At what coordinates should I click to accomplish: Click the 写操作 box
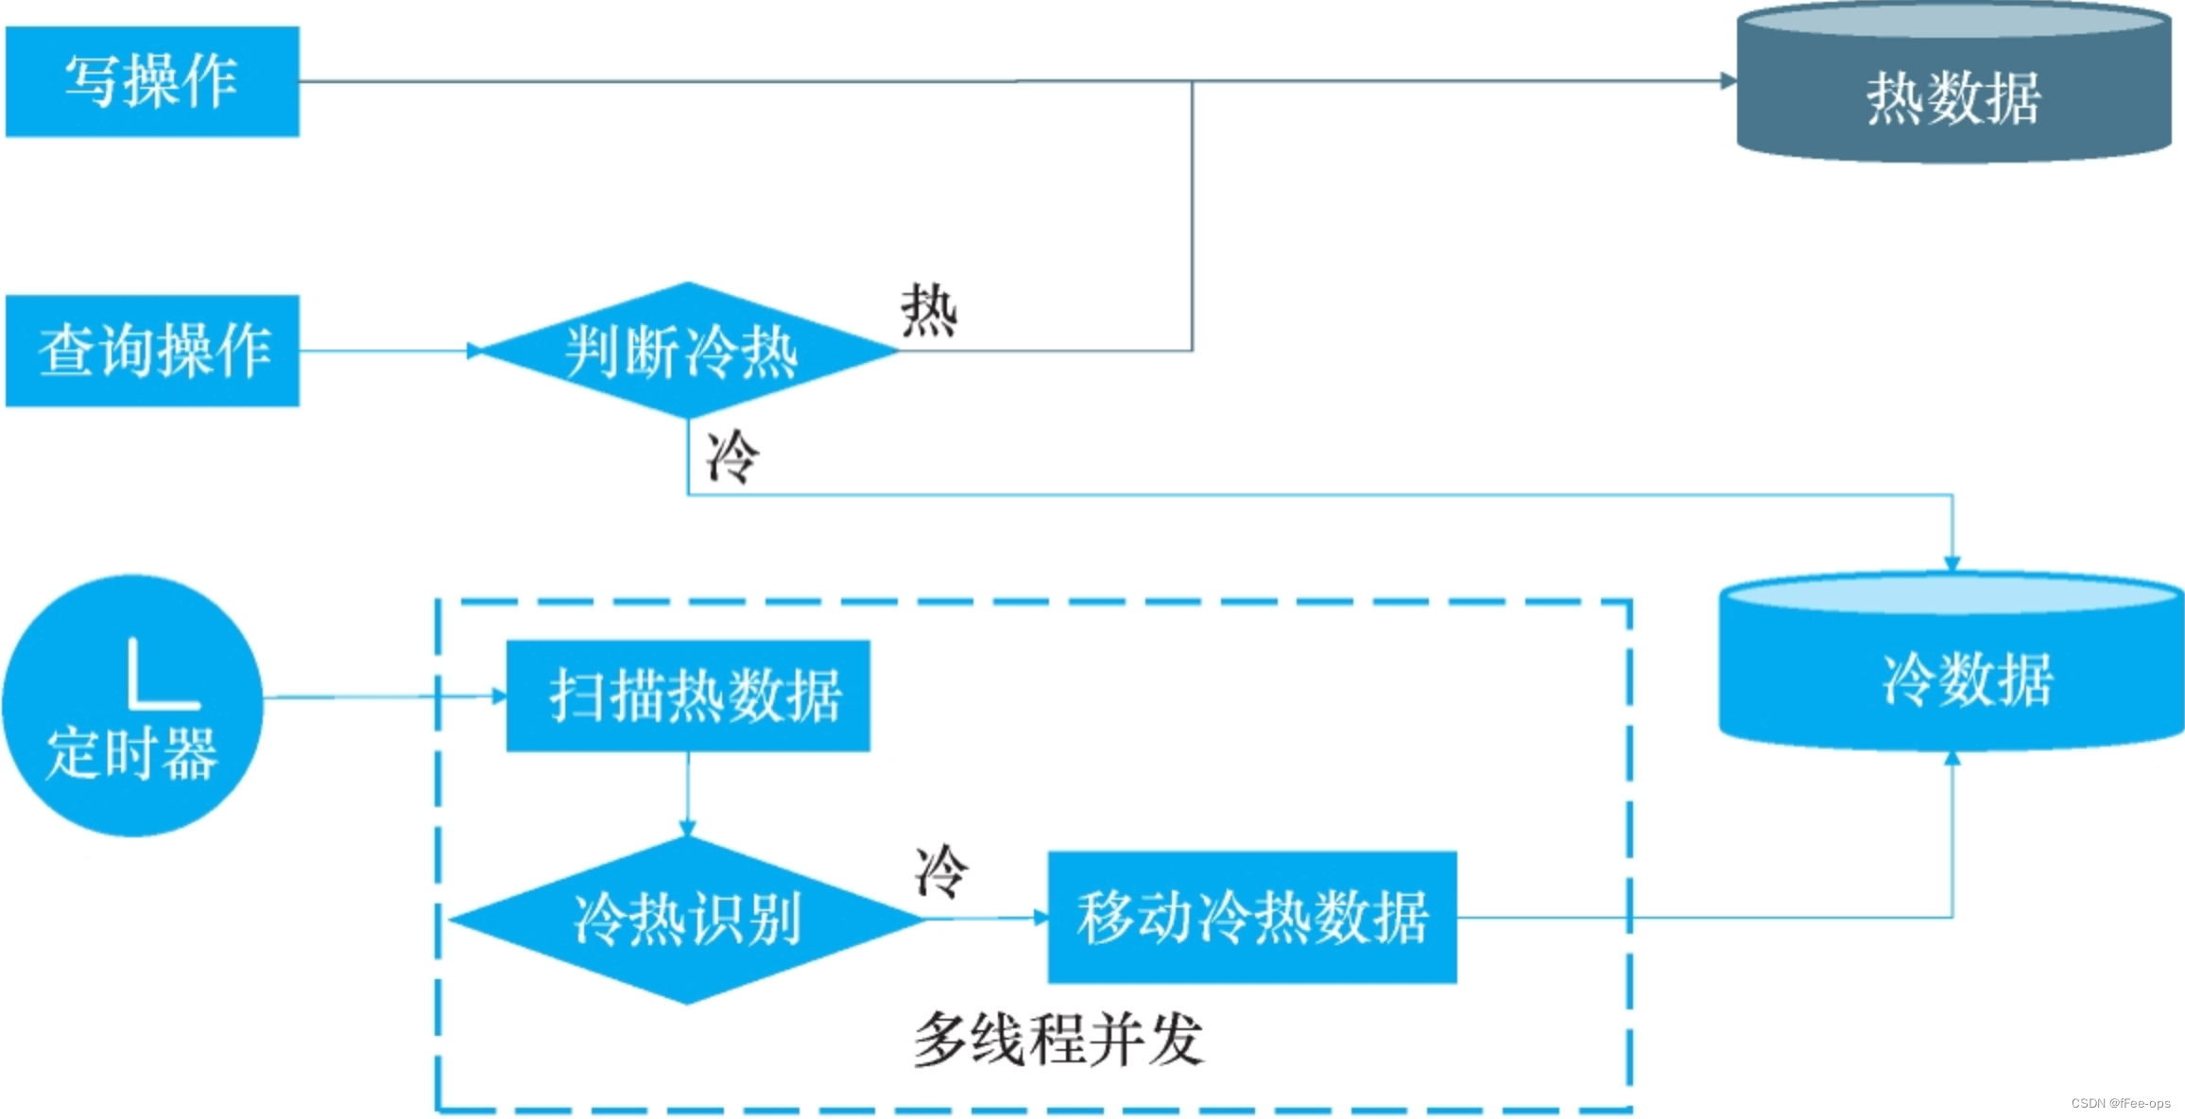pyautogui.click(x=152, y=81)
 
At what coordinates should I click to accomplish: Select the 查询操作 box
pyautogui.click(x=152, y=351)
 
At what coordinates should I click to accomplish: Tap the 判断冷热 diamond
pyautogui.click(x=687, y=351)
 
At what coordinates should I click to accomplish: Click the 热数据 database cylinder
pyautogui.click(x=1953, y=95)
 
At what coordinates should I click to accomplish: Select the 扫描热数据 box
pyautogui.click(x=688, y=696)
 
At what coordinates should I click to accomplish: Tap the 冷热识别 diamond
pyautogui.click(x=687, y=919)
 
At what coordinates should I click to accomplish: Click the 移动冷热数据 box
pyautogui.click(x=1252, y=917)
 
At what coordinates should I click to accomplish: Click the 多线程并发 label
pyautogui.click(x=1058, y=1040)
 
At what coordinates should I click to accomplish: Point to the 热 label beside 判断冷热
pyautogui.click(x=929, y=310)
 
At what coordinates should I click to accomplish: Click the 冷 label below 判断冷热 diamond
pyautogui.click(x=732, y=456)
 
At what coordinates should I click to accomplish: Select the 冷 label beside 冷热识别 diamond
pyautogui.click(x=941, y=871)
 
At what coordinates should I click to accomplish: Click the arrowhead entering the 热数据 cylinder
pyautogui.click(x=1728, y=81)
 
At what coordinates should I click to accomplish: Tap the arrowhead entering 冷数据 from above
pyautogui.click(x=1953, y=563)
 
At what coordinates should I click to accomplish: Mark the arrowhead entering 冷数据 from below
pyautogui.click(x=1953, y=758)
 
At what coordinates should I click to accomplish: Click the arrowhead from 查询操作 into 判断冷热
pyautogui.click(x=474, y=351)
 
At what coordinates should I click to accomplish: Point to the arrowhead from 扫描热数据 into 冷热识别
pyautogui.click(x=687, y=828)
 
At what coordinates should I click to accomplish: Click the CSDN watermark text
pyautogui.click(x=2120, y=1103)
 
